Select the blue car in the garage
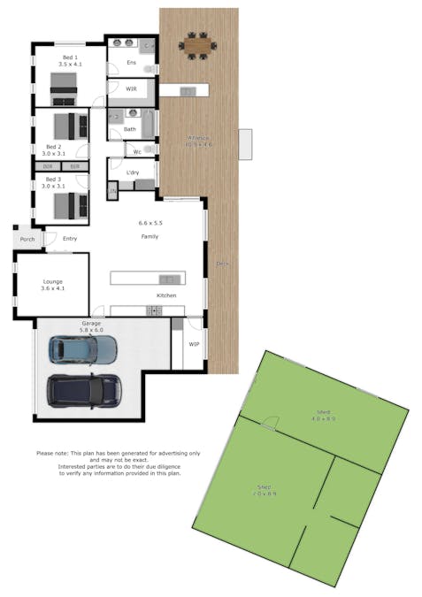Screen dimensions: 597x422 pos(82,350)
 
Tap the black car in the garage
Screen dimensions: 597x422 pos(84,388)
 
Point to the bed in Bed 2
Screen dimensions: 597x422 pos(69,125)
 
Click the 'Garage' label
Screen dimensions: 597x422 pos(91,324)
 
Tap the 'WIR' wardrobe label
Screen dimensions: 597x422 pos(131,89)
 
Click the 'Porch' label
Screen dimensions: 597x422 pos(27,239)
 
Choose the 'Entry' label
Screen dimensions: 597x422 pos(69,239)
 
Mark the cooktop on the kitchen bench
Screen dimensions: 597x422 pos(155,310)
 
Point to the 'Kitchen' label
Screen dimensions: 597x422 pos(166,295)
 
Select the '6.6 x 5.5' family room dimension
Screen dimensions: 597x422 pos(151,223)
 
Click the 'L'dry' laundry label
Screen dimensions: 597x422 pos(133,172)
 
